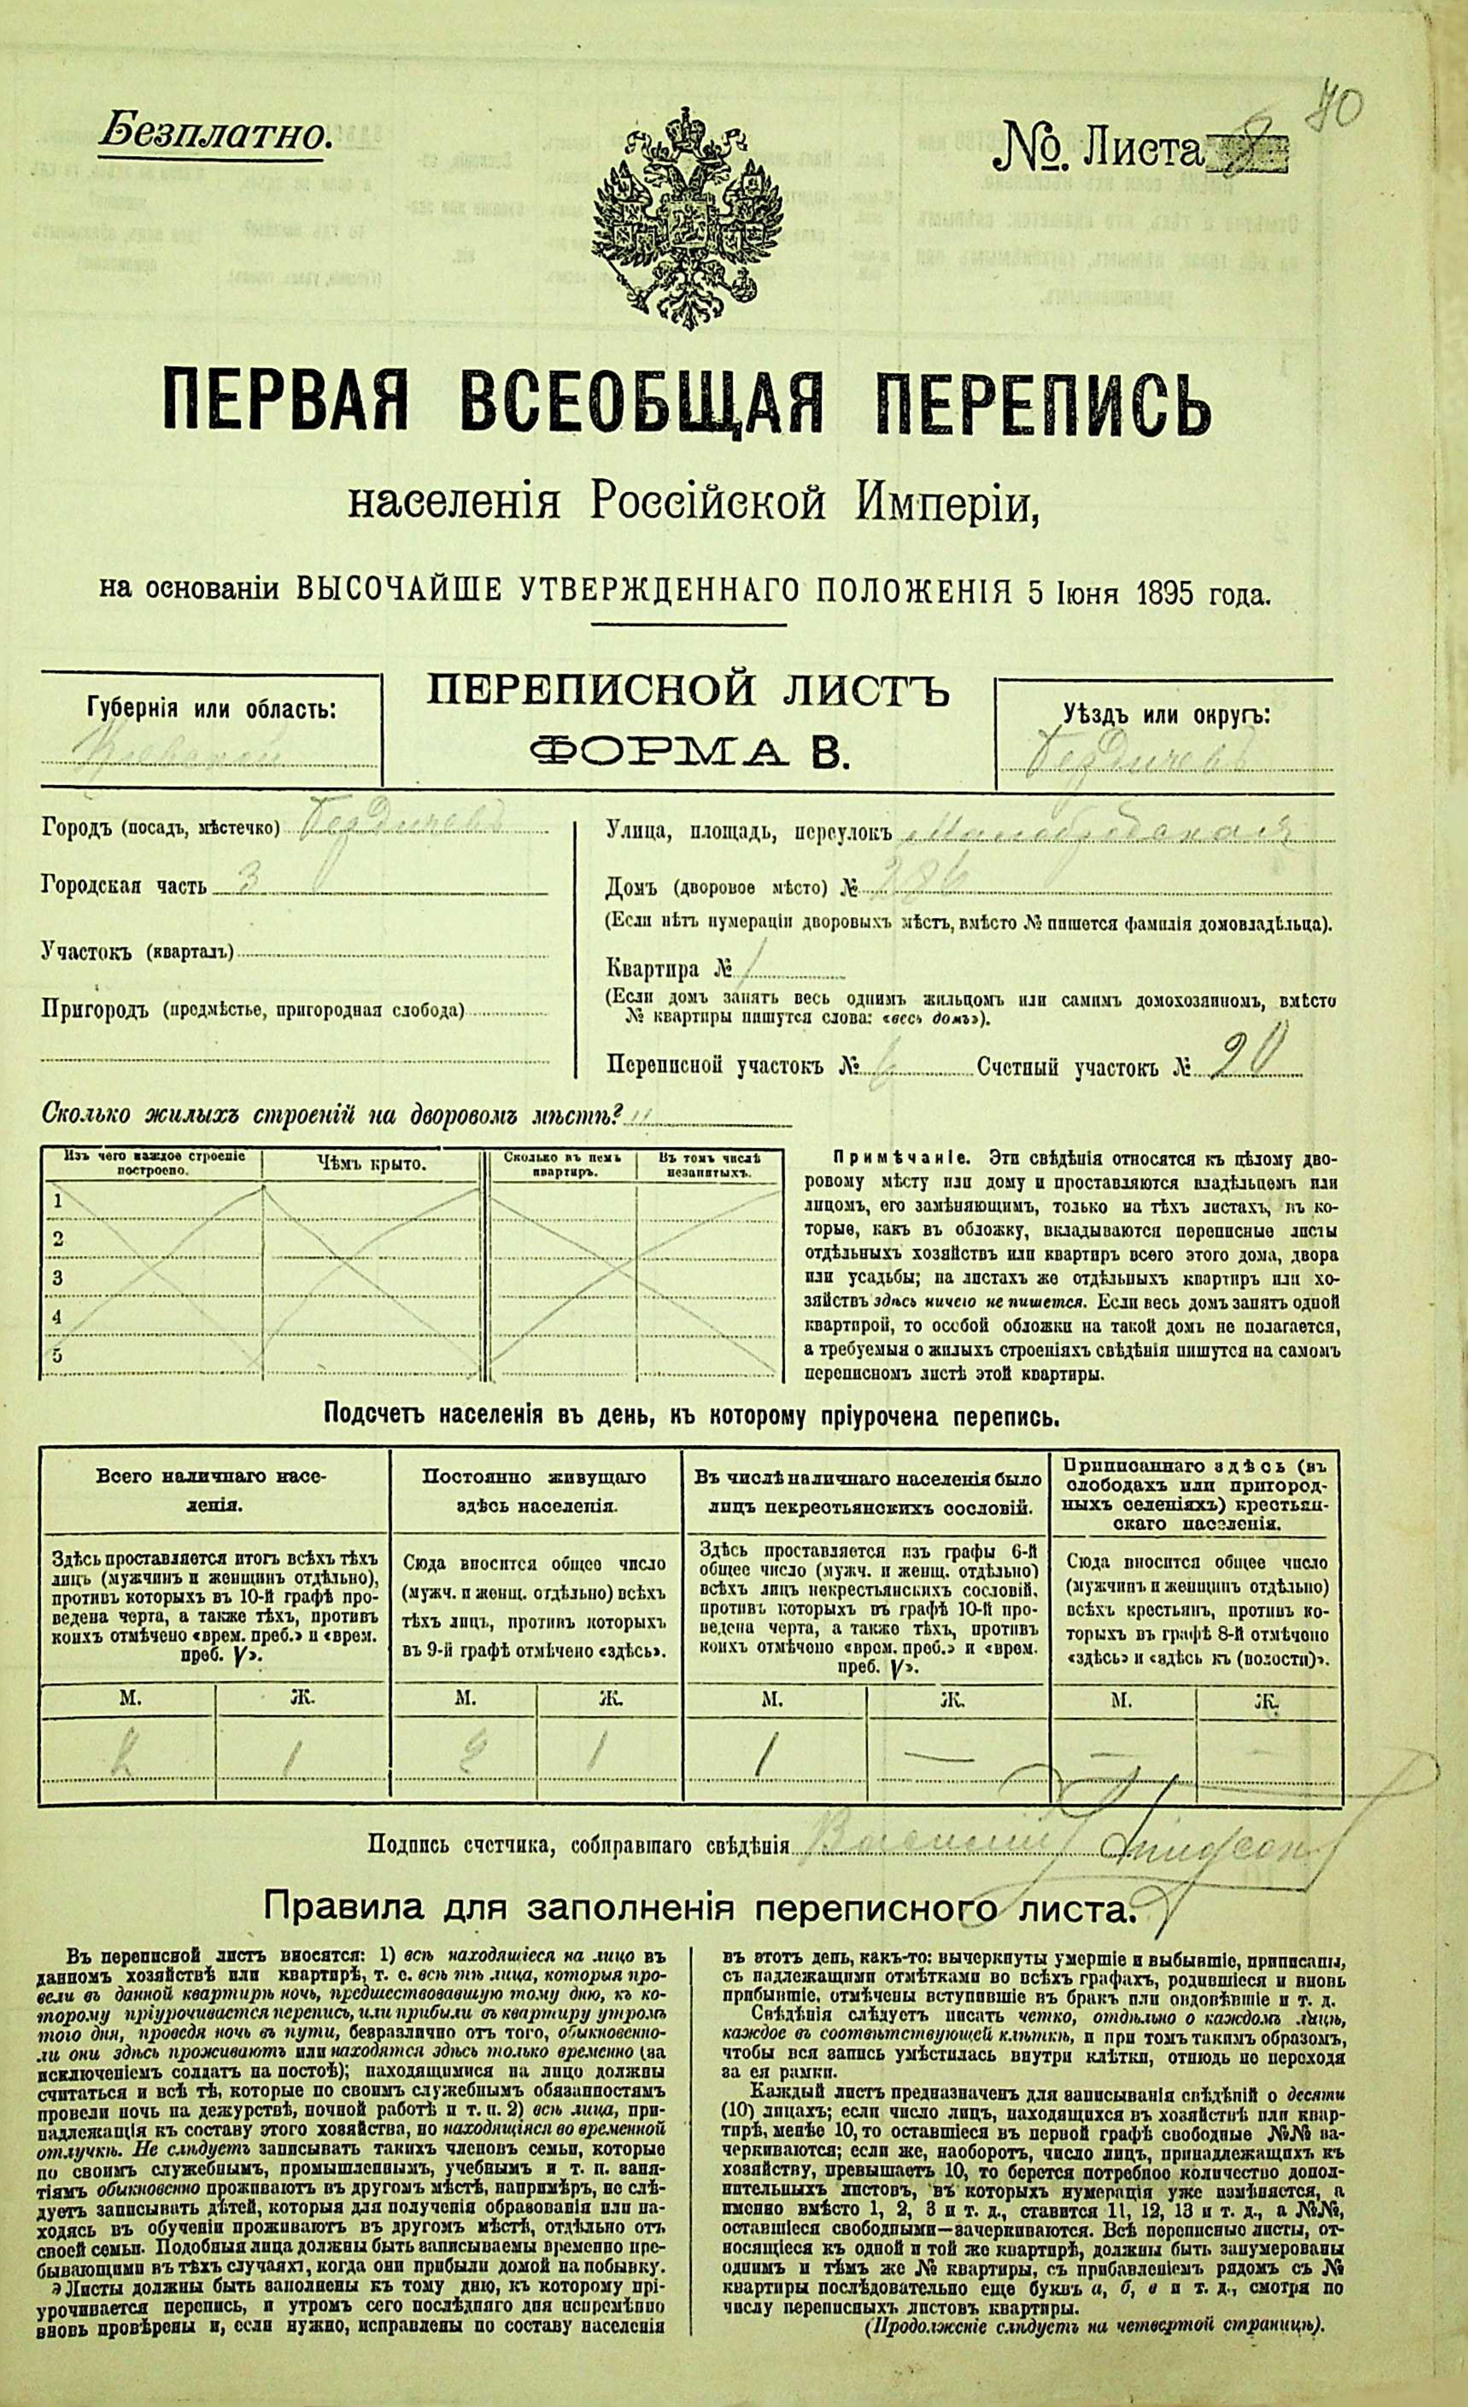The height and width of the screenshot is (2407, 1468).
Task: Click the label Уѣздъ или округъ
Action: pyautogui.click(x=1166, y=714)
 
